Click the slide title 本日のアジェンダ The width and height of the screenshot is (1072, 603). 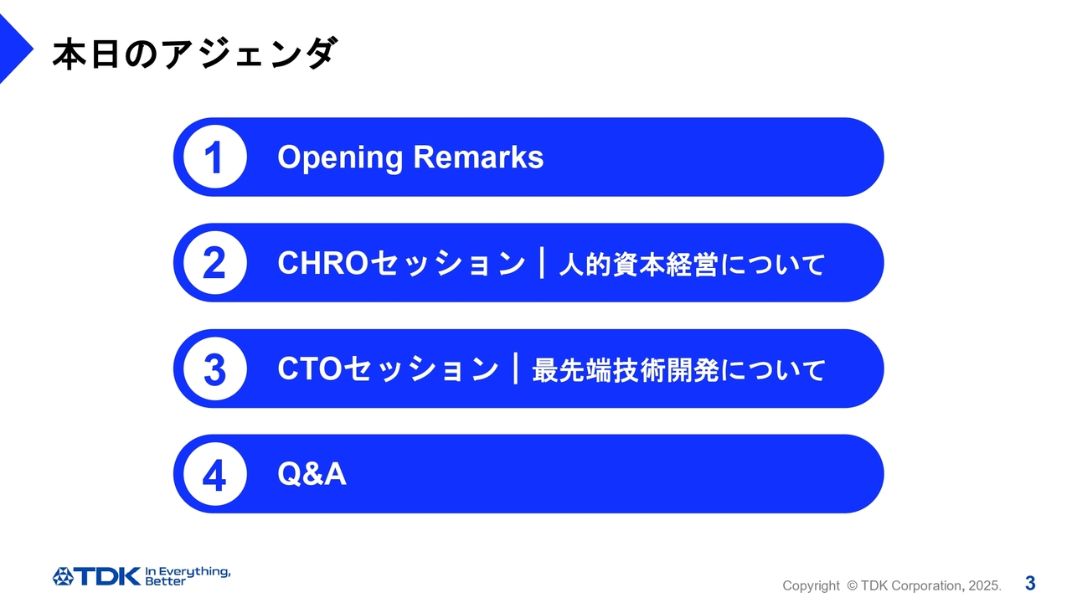(x=195, y=54)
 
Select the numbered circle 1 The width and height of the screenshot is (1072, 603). (x=215, y=157)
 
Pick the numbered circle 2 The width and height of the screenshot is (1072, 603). (x=215, y=263)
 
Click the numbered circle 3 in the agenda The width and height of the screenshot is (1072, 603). (x=215, y=368)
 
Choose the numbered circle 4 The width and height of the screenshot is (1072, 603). (x=215, y=474)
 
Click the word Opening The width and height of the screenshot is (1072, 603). (x=340, y=158)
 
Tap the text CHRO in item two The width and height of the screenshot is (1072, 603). (x=323, y=263)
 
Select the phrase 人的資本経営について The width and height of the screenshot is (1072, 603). (x=692, y=265)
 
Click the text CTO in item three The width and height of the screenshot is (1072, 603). (x=310, y=368)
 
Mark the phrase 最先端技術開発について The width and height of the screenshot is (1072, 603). (x=679, y=370)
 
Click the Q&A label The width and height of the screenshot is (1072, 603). (x=312, y=474)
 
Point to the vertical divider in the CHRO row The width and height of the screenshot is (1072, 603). (x=542, y=263)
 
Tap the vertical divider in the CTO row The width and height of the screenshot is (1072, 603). (x=515, y=368)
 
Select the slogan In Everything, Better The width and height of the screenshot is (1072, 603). (x=188, y=576)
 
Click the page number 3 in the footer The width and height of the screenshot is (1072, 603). (x=1030, y=584)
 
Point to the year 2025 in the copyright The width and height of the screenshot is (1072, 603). (x=984, y=585)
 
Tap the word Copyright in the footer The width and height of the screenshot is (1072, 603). (x=811, y=586)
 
